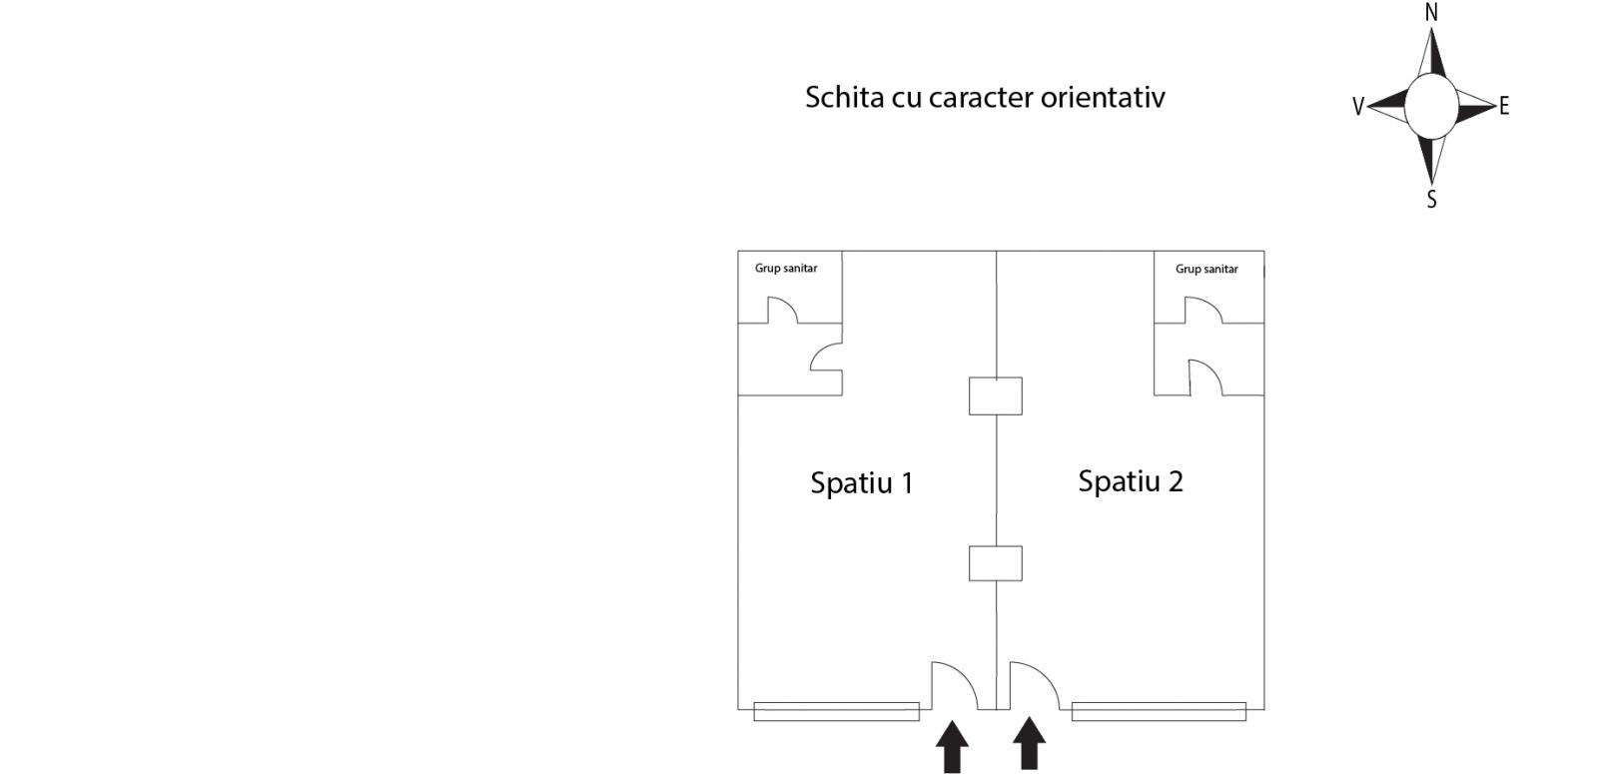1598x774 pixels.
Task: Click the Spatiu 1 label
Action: (x=861, y=483)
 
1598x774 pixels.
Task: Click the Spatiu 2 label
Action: (x=1130, y=481)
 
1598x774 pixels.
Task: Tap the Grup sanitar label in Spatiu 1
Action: (x=785, y=269)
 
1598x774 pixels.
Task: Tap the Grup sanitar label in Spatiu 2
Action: (x=1206, y=270)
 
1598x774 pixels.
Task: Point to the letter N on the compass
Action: (x=1431, y=13)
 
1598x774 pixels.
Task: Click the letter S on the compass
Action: (x=1431, y=200)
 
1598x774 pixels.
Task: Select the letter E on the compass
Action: (x=1504, y=106)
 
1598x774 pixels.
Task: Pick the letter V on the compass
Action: (x=1358, y=107)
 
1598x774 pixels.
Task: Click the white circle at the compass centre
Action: (x=1431, y=106)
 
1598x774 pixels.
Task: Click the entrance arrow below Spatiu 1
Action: (x=952, y=747)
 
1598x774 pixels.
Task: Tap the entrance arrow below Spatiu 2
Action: (x=1029, y=745)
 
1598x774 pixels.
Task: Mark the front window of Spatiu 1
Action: (x=836, y=711)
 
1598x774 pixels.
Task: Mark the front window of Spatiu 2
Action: (x=1159, y=711)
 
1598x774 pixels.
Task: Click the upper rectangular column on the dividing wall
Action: (x=995, y=395)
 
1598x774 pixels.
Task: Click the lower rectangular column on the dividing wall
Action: (x=995, y=563)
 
